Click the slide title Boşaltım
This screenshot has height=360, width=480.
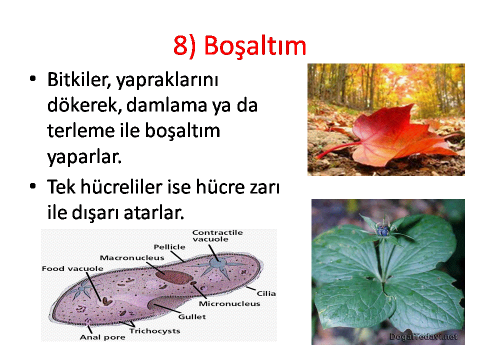239,46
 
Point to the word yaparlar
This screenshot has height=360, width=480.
84,157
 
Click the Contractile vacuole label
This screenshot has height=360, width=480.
217,235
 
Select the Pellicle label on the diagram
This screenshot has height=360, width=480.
169,246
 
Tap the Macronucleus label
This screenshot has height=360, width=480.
132,258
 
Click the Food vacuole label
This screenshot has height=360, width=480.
72,269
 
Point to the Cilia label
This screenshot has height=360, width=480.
266,293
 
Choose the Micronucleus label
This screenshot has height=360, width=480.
229,303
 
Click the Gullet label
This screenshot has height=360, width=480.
192,316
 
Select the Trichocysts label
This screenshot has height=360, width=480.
154,331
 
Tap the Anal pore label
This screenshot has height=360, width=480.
102,337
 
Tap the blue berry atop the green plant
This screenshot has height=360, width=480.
383,230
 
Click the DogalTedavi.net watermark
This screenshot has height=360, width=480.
423,336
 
